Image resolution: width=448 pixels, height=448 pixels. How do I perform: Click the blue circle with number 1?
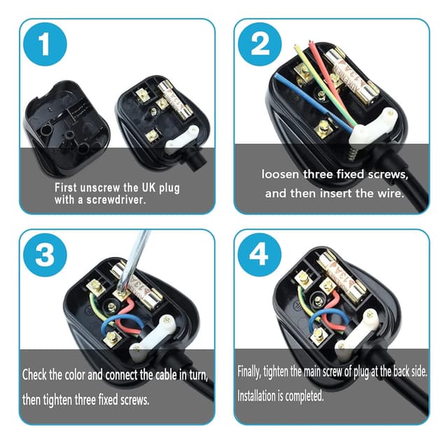click(x=45, y=45)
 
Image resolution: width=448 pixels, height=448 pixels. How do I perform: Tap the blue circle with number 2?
click(x=260, y=45)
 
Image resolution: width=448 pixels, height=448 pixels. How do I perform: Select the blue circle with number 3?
click(x=45, y=255)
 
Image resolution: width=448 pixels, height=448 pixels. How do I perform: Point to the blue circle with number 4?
click(x=260, y=255)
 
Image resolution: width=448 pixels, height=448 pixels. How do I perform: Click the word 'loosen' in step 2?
click(x=283, y=174)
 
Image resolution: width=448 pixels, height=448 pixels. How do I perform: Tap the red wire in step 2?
click(x=318, y=77)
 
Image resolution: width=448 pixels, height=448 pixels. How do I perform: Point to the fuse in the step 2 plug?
click(x=357, y=77)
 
